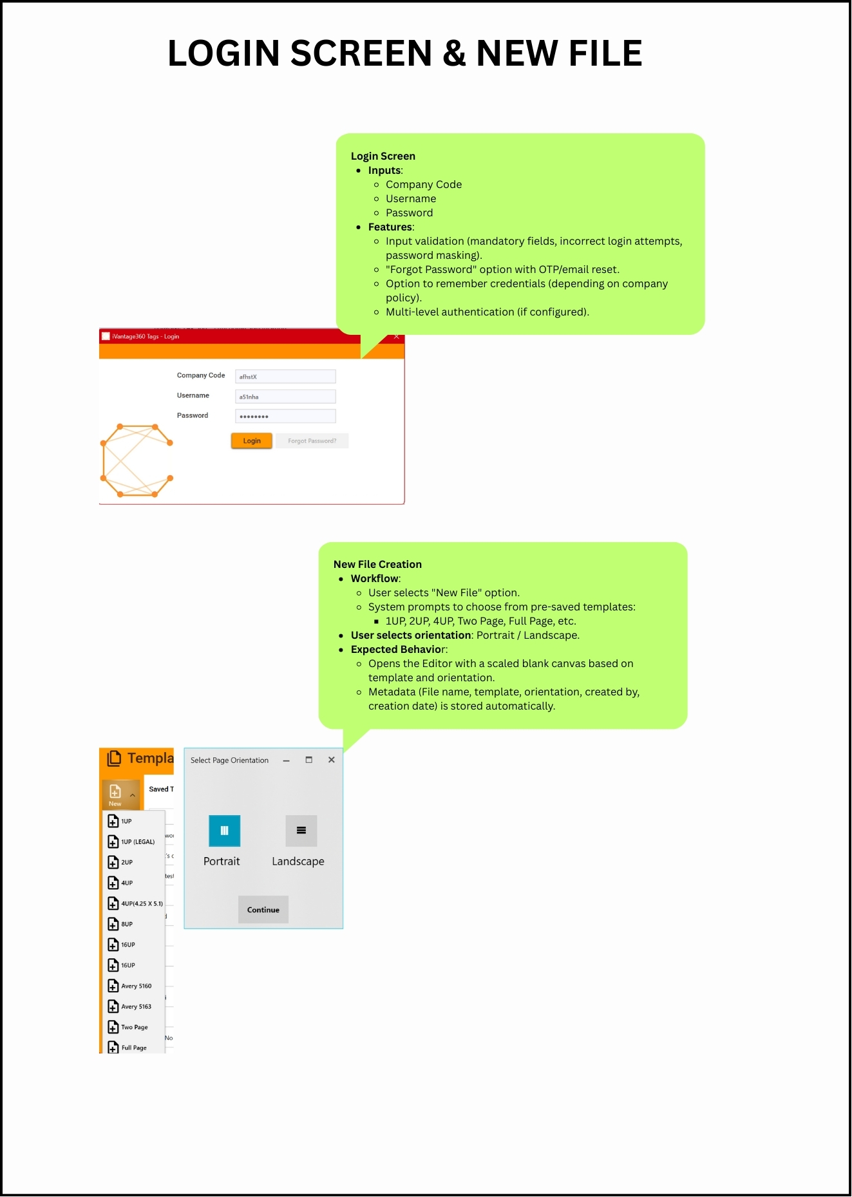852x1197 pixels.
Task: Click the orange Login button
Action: pyautogui.click(x=251, y=441)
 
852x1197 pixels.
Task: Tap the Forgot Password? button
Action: pyautogui.click(x=312, y=441)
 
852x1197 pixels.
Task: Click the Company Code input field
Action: pyautogui.click(x=285, y=377)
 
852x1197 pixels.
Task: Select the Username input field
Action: pyautogui.click(x=285, y=397)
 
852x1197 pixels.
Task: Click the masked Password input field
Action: pyautogui.click(x=285, y=417)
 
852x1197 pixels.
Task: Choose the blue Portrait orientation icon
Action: pyautogui.click(x=224, y=831)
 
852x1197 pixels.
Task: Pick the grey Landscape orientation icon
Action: pyautogui.click(x=301, y=831)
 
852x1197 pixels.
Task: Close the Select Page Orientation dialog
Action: pyautogui.click(x=331, y=760)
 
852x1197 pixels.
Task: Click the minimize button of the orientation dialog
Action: pyautogui.click(x=286, y=760)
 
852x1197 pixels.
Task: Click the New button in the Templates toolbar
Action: pyautogui.click(x=115, y=795)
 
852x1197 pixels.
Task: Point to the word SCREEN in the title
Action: pyautogui.click(x=361, y=53)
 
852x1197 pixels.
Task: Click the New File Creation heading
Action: pyautogui.click(x=377, y=564)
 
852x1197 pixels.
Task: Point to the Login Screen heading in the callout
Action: pyautogui.click(x=383, y=156)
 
